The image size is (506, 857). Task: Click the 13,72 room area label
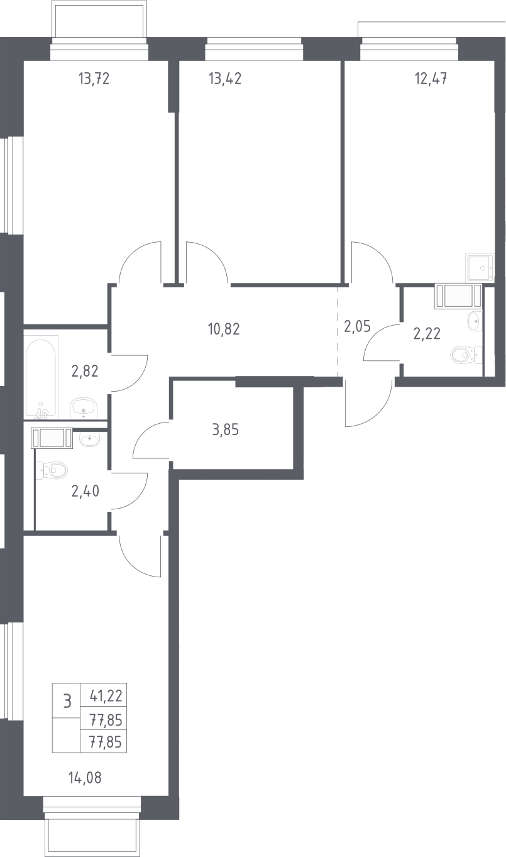tap(94, 79)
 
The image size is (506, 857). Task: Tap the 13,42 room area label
tap(225, 79)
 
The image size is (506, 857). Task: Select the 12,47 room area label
tap(431, 79)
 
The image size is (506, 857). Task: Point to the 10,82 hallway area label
tap(224, 329)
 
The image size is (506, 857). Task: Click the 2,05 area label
tap(357, 327)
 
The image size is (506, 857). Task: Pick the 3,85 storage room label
tap(226, 430)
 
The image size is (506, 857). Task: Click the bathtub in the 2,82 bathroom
tap(41, 377)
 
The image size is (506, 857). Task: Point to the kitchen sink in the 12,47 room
tap(480, 267)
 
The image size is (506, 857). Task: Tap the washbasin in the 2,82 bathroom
tap(84, 408)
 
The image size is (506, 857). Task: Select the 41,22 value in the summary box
tap(106, 696)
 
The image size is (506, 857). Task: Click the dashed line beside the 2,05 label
tap(338, 332)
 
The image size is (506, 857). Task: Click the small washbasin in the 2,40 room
tap(89, 439)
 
